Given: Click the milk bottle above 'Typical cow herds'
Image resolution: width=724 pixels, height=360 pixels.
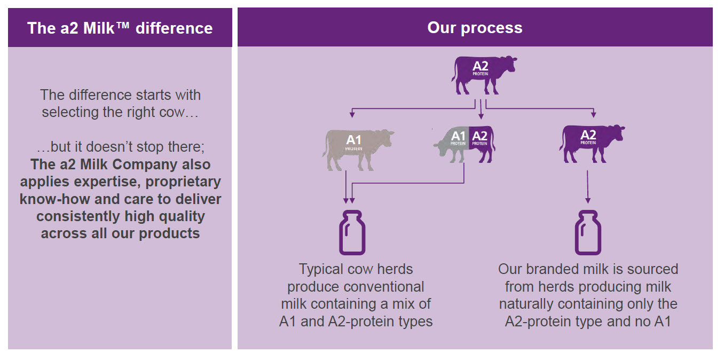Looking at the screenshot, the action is coord(352,232).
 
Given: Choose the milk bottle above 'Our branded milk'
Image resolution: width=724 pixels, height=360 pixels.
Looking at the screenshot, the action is coord(588,232).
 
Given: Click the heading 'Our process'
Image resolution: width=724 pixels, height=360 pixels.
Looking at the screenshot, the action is coord(475,28).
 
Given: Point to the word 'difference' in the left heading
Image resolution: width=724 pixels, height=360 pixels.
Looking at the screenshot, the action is coord(174,28).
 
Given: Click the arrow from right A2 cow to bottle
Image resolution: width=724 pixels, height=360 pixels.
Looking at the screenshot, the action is coord(588,187).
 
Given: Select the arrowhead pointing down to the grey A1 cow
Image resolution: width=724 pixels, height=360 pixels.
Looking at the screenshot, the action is coord(352,114).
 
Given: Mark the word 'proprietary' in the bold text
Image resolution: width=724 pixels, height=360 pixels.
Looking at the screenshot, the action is coord(183,182).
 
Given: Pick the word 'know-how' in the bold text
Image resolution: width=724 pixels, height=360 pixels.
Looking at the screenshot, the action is coord(54,199).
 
